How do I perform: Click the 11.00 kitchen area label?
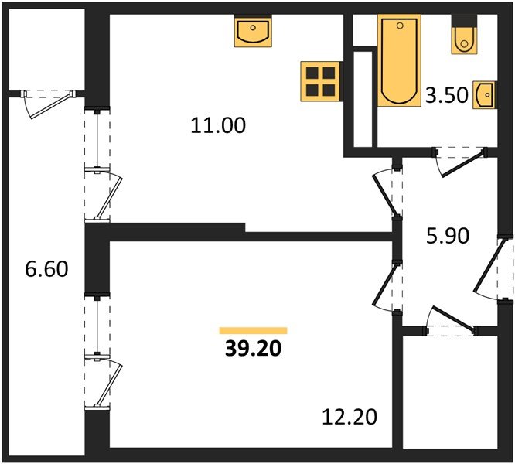coord(218,125)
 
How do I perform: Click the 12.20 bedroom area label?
coord(350,418)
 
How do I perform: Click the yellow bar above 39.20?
coord(253,330)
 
